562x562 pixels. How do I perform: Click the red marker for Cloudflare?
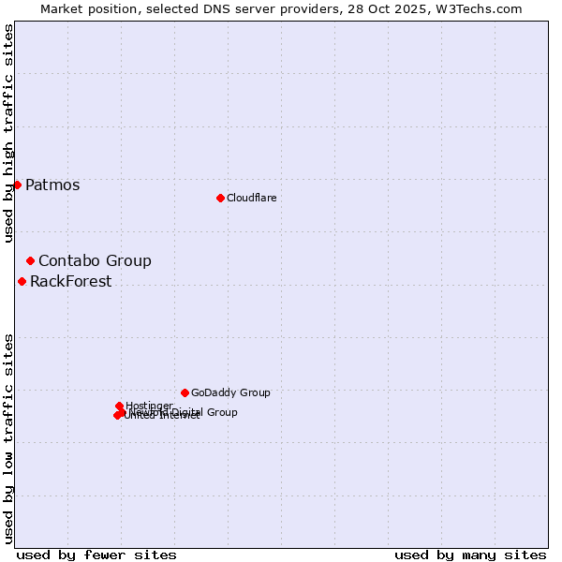220,198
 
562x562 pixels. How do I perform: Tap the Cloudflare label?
251,198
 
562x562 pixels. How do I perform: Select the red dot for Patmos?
17,185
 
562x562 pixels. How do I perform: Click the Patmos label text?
52,185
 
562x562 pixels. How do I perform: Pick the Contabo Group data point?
30,260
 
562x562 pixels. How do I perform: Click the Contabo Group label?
95,260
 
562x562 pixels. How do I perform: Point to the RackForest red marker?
22,281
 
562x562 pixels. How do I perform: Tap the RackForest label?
70,281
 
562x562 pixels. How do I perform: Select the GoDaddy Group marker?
185,392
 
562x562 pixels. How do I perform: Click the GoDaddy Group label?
230,392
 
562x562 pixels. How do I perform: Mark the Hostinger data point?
119,406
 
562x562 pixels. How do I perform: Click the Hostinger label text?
149,406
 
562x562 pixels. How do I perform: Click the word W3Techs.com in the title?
482,8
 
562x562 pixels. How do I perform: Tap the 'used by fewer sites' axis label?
96,555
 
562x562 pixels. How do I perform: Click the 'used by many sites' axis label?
469,555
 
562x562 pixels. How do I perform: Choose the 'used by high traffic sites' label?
8,133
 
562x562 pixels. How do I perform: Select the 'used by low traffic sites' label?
8,437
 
